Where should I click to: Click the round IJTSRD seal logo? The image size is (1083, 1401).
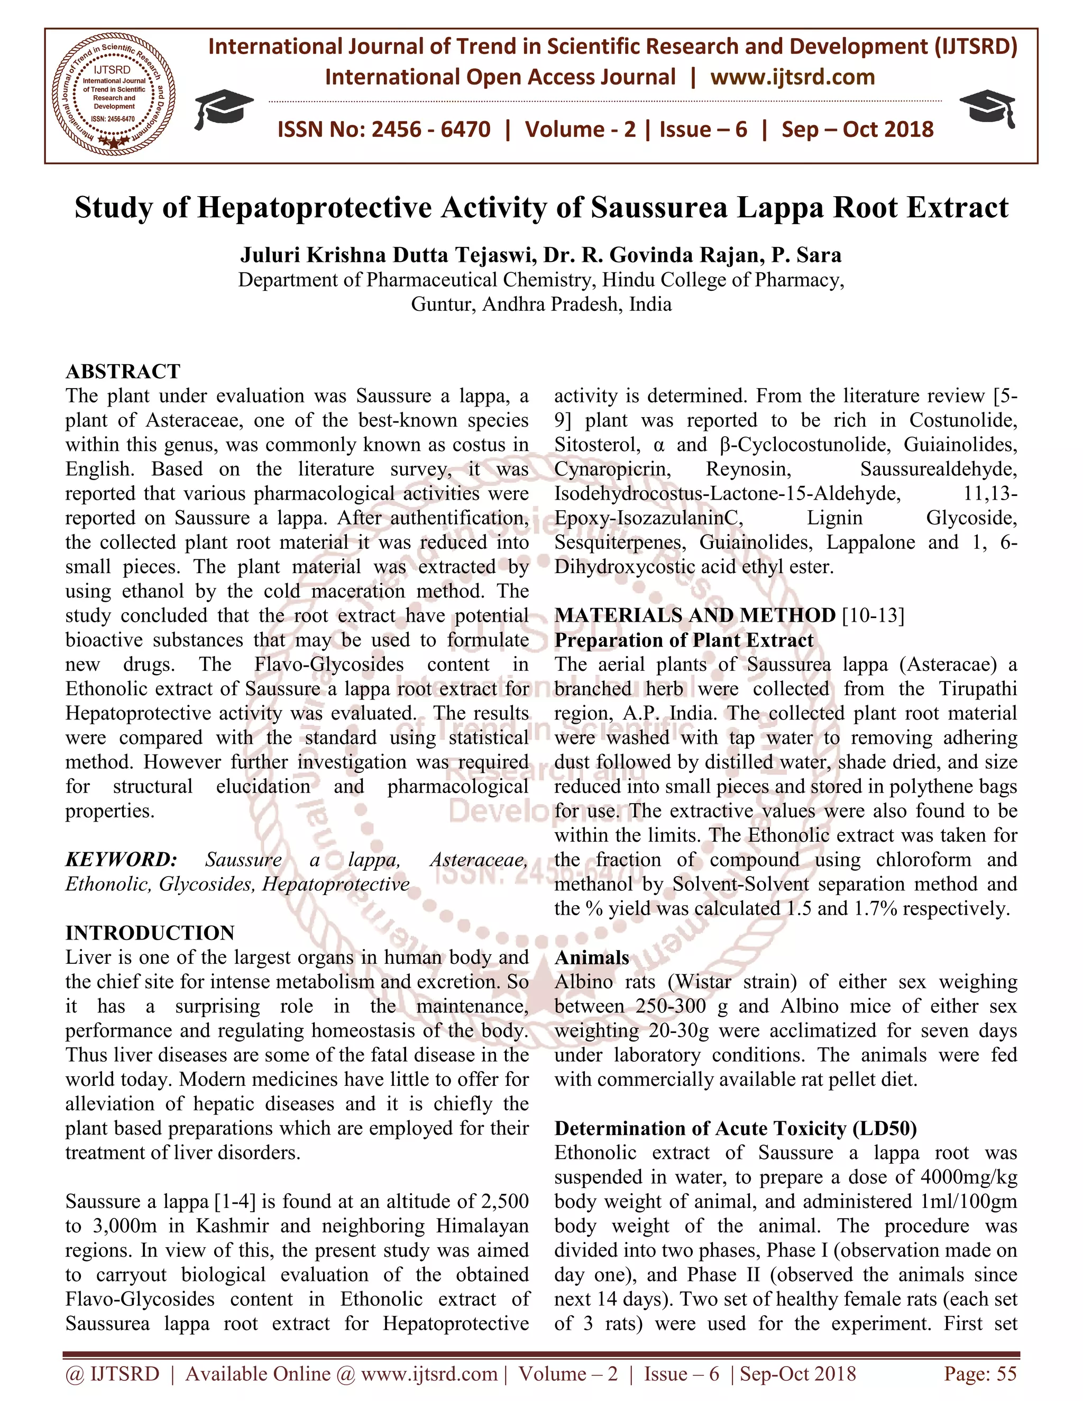pyautogui.click(x=114, y=96)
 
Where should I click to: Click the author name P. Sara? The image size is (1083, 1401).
pyautogui.click(x=806, y=255)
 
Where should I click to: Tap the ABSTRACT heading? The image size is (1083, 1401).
pyautogui.click(x=123, y=372)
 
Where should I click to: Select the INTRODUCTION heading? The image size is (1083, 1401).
pyautogui.click(x=150, y=933)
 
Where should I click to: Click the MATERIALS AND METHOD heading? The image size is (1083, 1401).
pyautogui.click(x=695, y=615)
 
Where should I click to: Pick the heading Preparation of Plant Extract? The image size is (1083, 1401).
pyautogui.click(x=683, y=640)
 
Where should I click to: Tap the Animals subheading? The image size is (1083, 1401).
pyautogui.click(x=592, y=958)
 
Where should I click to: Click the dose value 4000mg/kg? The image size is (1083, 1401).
pyautogui.click(x=968, y=1177)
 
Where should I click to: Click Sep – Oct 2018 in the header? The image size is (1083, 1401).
pyautogui.click(x=857, y=130)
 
